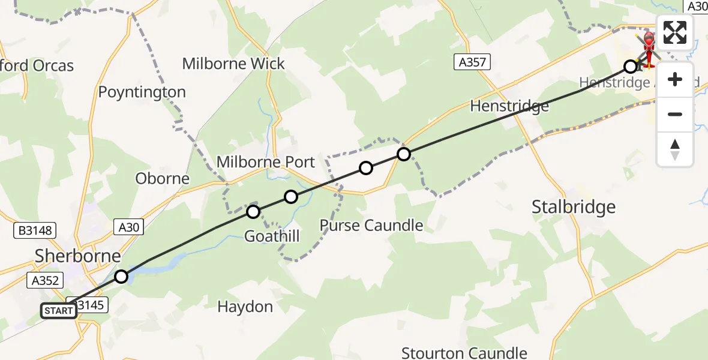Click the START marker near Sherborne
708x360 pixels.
59,311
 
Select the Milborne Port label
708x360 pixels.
265,162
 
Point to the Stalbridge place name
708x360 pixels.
574,207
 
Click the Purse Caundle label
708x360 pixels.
371,226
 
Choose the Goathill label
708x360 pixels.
272,236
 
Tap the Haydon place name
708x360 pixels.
245,307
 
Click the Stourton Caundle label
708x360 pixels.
464,353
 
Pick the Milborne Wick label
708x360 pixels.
233,64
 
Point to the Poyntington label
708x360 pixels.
142,92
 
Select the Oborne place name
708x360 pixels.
162,178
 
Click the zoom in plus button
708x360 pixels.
675,79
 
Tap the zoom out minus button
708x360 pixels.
675,114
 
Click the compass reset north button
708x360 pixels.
675,149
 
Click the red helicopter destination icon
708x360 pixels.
649,47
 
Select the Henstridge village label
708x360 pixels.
509,106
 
